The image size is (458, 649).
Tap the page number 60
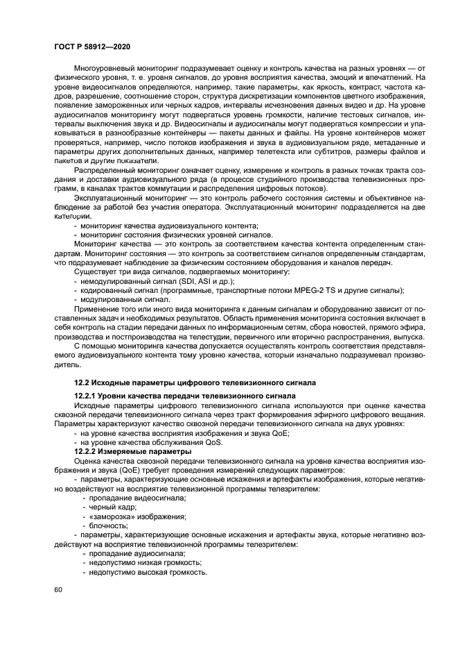tap(59, 589)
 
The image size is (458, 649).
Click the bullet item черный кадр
tap(109, 507)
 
